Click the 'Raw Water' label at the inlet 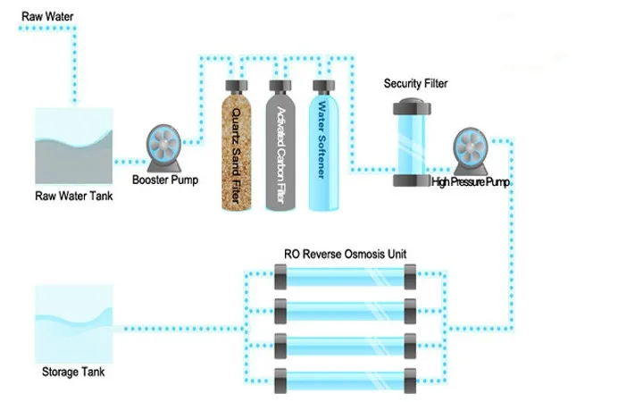point(44,15)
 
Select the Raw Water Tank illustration point(74,144)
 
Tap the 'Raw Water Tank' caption point(74,197)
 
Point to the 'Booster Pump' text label point(165,179)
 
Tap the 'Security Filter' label point(415,84)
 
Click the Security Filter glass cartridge point(414,144)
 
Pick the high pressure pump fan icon point(470,149)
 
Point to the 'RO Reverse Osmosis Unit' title point(345,255)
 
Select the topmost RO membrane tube point(345,278)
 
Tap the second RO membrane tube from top point(345,310)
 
